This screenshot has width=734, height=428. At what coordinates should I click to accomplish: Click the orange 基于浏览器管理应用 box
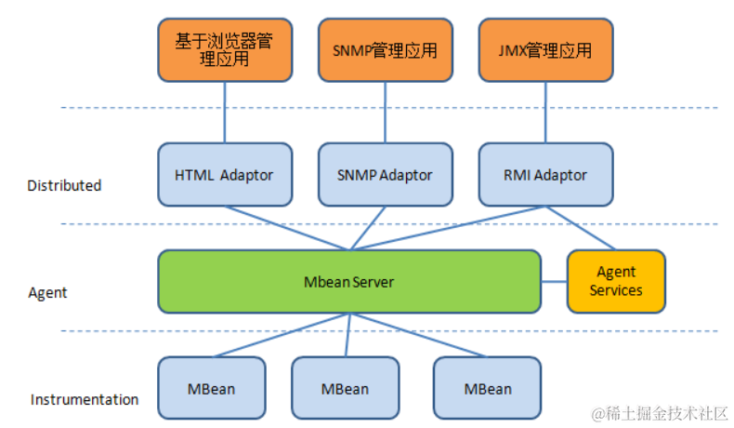(224, 51)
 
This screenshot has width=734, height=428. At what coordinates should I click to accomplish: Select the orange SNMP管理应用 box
(385, 51)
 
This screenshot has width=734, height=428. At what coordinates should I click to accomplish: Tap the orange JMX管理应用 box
(545, 51)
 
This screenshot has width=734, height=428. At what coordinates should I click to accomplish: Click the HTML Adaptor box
(224, 174)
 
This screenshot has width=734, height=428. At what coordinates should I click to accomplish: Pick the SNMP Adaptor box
(385, 174)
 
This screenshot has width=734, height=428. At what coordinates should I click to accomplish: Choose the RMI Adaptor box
(545, 174)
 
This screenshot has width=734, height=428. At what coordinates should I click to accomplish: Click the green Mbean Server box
(349, 281)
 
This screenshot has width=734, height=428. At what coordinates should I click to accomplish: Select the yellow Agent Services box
(616, 281)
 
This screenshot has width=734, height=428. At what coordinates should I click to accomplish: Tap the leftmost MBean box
(212, 388)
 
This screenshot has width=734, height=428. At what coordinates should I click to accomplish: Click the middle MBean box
(345, 388)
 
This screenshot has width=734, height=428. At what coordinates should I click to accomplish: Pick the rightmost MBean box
(487, 388)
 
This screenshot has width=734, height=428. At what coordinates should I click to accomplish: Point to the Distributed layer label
(64, 185)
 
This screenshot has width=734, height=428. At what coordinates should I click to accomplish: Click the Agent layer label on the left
(47, 292)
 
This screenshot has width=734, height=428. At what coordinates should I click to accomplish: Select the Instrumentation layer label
(85, 399)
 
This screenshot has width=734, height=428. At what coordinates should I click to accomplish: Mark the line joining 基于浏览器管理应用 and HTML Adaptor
(224, 113)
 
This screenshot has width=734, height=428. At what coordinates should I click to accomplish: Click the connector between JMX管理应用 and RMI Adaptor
(545, 113)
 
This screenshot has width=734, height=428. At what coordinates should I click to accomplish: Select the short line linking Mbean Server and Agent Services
(554, 281)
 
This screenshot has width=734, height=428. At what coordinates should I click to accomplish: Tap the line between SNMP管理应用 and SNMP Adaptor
(385, 113)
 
